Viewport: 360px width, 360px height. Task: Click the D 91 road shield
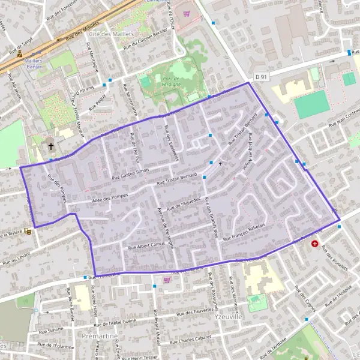pos(260,77)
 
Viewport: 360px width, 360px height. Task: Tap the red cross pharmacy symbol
pos(314,244)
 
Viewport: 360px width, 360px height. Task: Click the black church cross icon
pos(51,146)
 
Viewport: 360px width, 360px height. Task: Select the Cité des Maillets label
pos(110,34)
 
